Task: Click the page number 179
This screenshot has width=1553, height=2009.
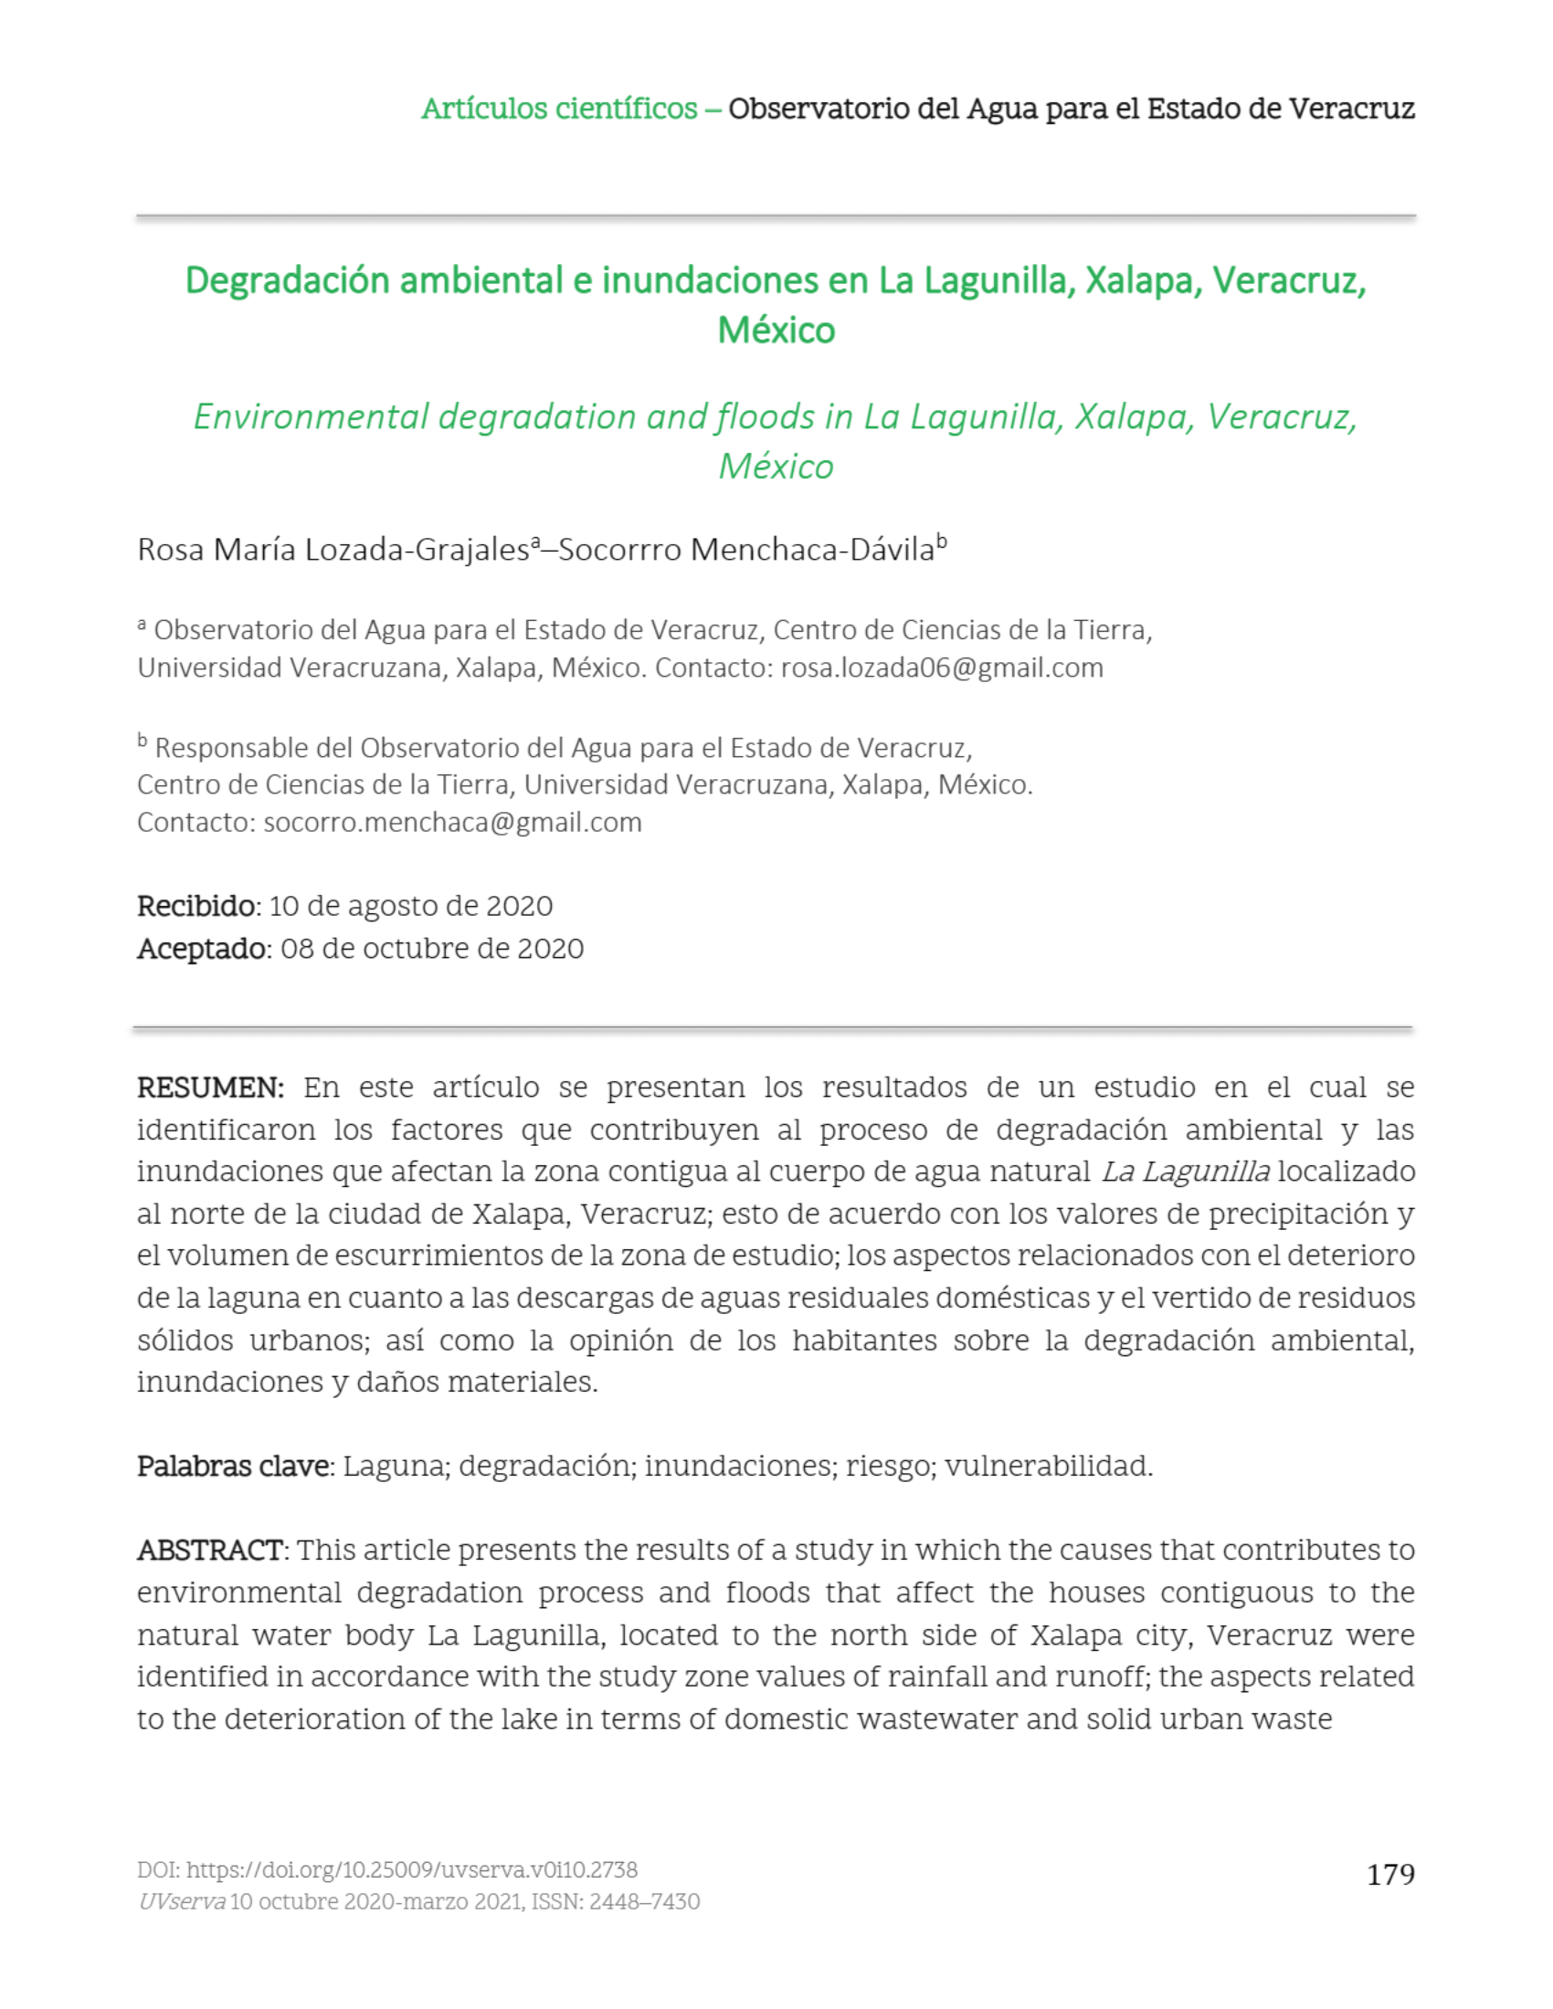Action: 1390,1874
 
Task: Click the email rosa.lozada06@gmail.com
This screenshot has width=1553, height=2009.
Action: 941,668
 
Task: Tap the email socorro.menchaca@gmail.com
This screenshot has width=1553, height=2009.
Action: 451,823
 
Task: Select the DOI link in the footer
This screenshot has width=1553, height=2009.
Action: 411,1870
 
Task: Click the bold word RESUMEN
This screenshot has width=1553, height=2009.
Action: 210,1088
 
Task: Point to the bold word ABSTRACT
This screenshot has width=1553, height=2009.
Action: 210,1551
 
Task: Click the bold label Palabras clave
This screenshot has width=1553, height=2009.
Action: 234,1467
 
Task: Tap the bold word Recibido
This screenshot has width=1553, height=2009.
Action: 197,906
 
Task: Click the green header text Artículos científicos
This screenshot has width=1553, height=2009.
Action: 558,109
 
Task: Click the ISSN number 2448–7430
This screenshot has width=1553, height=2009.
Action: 644,1902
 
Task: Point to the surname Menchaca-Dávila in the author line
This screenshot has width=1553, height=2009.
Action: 812,550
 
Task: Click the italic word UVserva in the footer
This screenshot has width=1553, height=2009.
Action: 181,1902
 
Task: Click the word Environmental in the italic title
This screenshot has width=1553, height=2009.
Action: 311,417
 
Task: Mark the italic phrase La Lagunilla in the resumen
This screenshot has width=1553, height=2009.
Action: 1185,1172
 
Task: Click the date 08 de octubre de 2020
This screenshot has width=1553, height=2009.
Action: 431,949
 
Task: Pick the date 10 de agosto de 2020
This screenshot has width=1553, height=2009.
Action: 410,906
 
